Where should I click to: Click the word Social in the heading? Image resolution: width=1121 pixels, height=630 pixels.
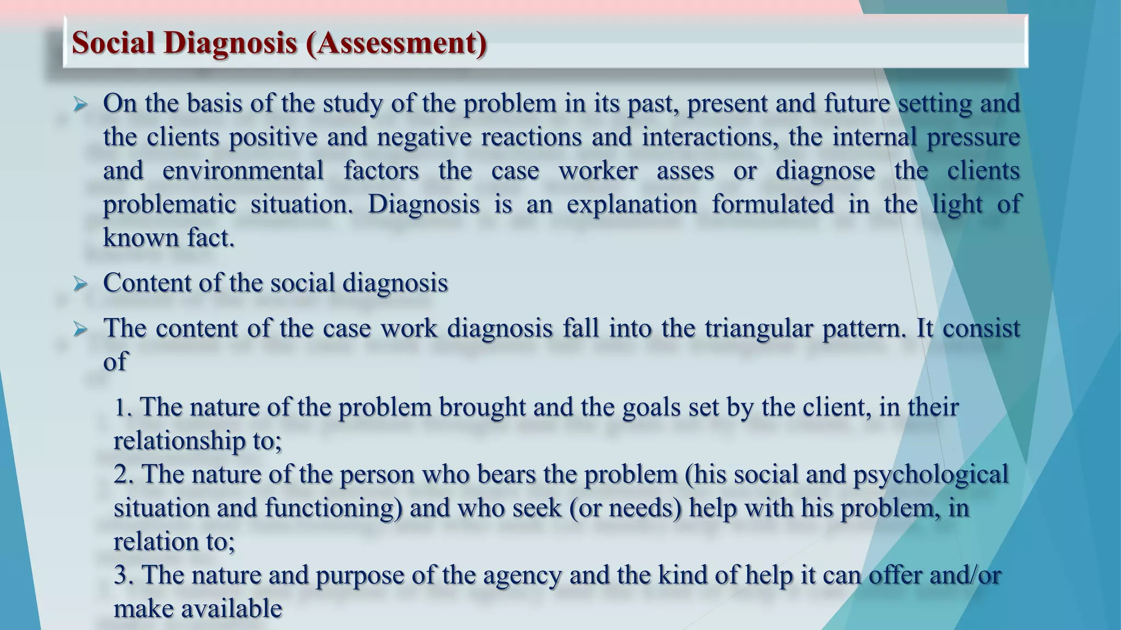point(113,43)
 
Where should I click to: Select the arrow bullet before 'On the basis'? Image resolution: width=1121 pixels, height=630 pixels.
point(80,104)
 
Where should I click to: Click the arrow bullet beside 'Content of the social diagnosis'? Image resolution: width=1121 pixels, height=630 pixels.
point(80,284)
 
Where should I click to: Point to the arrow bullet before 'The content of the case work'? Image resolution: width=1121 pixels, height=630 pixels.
point(80,329)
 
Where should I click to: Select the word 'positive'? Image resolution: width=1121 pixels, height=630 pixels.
point(273,137)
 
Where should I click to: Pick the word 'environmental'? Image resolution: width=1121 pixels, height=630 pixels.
point(243,171)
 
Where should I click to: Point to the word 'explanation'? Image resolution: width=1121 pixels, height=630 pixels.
point(632,205)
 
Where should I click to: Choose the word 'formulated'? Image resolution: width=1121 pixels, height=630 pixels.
point(772,205)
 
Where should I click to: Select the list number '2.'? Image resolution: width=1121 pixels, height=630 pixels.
point(124,474)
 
